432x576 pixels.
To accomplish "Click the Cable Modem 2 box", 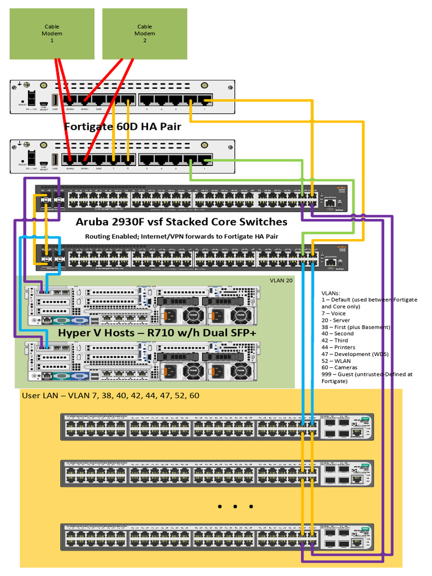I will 145,34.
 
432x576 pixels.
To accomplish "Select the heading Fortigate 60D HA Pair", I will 123,127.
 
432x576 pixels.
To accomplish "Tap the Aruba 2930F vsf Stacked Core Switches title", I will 181,222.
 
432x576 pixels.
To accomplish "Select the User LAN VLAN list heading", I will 110,396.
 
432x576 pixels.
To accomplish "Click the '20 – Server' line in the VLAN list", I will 336,320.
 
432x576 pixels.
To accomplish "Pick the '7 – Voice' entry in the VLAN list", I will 334,313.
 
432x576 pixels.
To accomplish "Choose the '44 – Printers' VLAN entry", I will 338,347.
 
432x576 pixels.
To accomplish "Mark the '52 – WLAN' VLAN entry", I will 336,361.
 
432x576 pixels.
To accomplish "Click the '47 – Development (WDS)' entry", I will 354,354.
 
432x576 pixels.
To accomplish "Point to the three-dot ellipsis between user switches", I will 235,507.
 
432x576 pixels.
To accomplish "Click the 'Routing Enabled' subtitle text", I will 181,236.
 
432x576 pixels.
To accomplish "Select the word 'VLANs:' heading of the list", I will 331,293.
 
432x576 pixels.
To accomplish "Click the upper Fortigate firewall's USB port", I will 55,100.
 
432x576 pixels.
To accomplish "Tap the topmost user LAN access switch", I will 217,427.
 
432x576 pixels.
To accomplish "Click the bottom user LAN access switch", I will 217,537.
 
